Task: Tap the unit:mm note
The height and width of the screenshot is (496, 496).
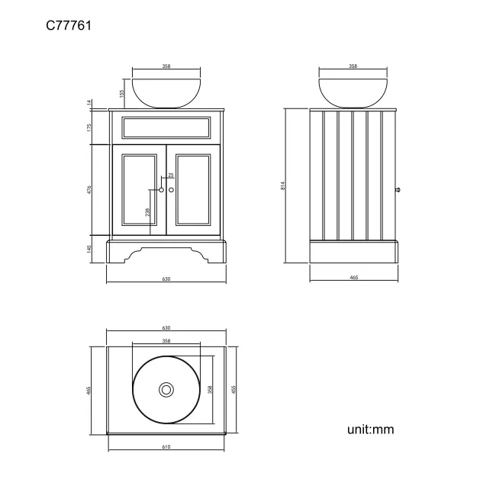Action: coord(371,430)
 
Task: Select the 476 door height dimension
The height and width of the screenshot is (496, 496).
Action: coord(90,189)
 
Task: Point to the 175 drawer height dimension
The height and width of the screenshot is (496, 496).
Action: coord(90,127)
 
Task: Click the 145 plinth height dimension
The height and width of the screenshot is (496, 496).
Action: coord(90,249)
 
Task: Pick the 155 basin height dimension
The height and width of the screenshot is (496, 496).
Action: coord(121,93)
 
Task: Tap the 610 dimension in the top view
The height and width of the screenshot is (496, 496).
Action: coord(166,447)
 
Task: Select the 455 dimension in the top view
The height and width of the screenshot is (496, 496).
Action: coord(234,389)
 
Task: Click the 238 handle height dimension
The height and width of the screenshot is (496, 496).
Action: coord(147,212)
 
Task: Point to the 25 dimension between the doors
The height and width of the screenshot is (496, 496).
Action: coord(171,176)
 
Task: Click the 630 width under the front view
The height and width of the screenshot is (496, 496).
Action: coord(166,279)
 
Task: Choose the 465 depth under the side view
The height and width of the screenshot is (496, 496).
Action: coord(354,279)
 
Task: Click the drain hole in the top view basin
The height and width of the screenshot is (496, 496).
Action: coord(166,389)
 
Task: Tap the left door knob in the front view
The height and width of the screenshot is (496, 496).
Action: coord(161,189)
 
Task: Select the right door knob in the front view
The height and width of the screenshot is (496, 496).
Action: coord(171,189)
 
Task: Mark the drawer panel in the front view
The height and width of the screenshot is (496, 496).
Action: coord(166,127)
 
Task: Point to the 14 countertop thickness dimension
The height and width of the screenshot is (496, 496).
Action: coord(90,103)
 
